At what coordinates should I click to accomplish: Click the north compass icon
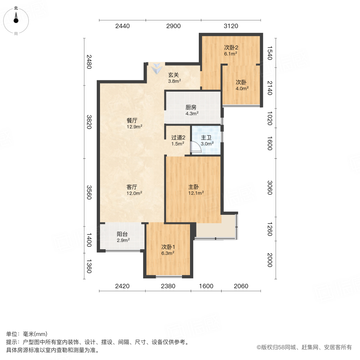point(16,20)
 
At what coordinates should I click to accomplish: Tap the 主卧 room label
point(194,187)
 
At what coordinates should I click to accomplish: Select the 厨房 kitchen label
point(191,107)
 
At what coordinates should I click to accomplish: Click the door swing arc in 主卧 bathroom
point(195,149)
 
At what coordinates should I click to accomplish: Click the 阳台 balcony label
point(122,234)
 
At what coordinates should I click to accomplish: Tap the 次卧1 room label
point(168,247)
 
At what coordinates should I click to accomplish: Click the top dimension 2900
point(173,26)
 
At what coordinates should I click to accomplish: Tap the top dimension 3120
point(231,26)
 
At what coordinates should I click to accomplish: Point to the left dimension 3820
point(89,121)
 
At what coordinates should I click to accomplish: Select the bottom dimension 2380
point(168,286)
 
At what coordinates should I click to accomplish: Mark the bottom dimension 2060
point(241,286)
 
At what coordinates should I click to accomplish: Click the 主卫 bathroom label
point(206,137)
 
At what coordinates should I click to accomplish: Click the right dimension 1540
point(269,53)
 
